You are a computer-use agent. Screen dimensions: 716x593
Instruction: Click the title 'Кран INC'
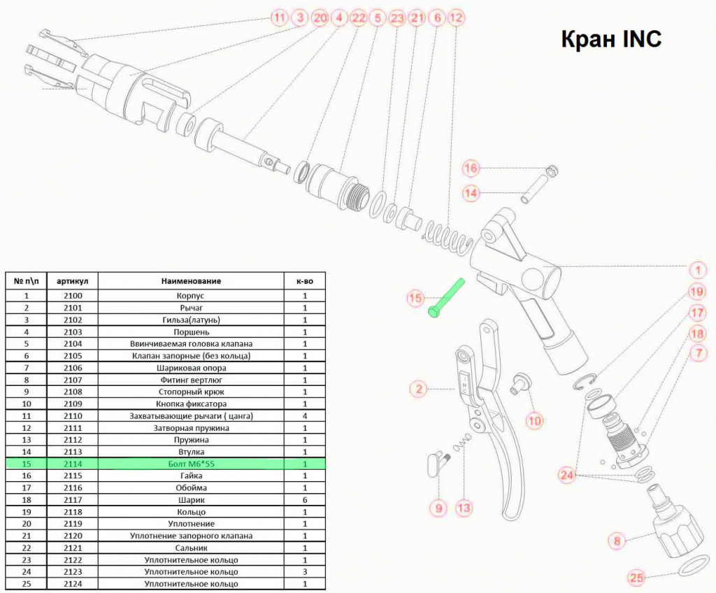(611, 39)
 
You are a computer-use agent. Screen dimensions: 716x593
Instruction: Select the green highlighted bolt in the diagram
(446, 298)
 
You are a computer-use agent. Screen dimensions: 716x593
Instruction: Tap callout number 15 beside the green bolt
(415, 299)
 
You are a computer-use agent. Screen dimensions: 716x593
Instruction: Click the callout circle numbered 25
(636, 578)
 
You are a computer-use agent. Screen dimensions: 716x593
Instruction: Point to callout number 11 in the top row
(279, 17)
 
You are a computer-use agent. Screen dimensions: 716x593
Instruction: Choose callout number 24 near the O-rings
(566, 476)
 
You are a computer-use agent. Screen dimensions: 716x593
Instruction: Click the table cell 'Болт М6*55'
(192, 464)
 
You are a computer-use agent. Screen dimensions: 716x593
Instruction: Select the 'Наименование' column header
(191, 281)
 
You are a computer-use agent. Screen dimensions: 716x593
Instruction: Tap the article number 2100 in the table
(73, 296)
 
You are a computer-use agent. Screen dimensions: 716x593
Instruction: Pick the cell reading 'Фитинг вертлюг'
(191, 380)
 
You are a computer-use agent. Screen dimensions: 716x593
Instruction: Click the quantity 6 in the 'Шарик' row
(305, 500)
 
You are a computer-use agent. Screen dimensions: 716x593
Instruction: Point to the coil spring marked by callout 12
(447, 236)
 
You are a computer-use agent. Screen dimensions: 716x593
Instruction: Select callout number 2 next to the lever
(418, 389)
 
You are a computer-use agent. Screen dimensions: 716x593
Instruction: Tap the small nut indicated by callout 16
(552, 171)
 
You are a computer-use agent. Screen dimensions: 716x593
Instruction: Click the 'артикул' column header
(72, 281)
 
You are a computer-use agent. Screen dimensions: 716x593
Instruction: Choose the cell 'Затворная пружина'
(191, 428)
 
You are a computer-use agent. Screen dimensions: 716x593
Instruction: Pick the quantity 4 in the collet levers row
(305, 416)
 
